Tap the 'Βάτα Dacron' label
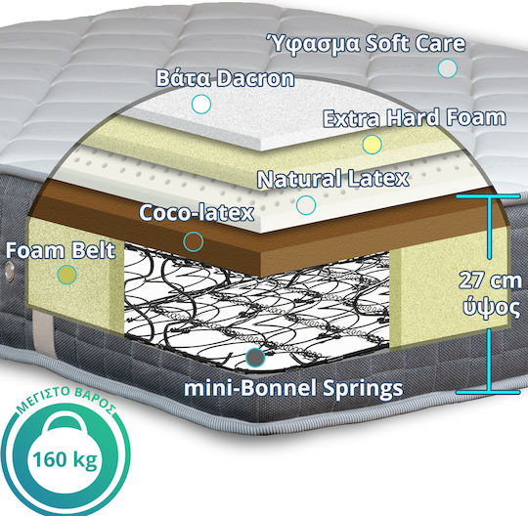pos(225,78)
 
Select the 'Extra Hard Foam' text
pos(415,118)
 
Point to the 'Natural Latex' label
pos(333,179)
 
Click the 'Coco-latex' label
pos(197,213)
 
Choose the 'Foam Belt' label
pos(61,251)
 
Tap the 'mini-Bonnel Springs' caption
pos(293,388)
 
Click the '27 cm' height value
pos(490,280)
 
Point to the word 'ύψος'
pos(491,306)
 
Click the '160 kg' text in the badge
pos(65,459)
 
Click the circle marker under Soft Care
pos(448,68)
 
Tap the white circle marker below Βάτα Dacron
pos(201,104)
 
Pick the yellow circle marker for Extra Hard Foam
pos(373,145)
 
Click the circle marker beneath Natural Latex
pos(306,205)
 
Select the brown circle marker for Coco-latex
pos(194,241)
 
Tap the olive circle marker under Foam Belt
pos(67,275)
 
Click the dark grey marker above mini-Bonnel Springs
pos(255,357)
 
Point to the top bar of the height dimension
pos(488,196)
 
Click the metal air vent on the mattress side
pos(9,270)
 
